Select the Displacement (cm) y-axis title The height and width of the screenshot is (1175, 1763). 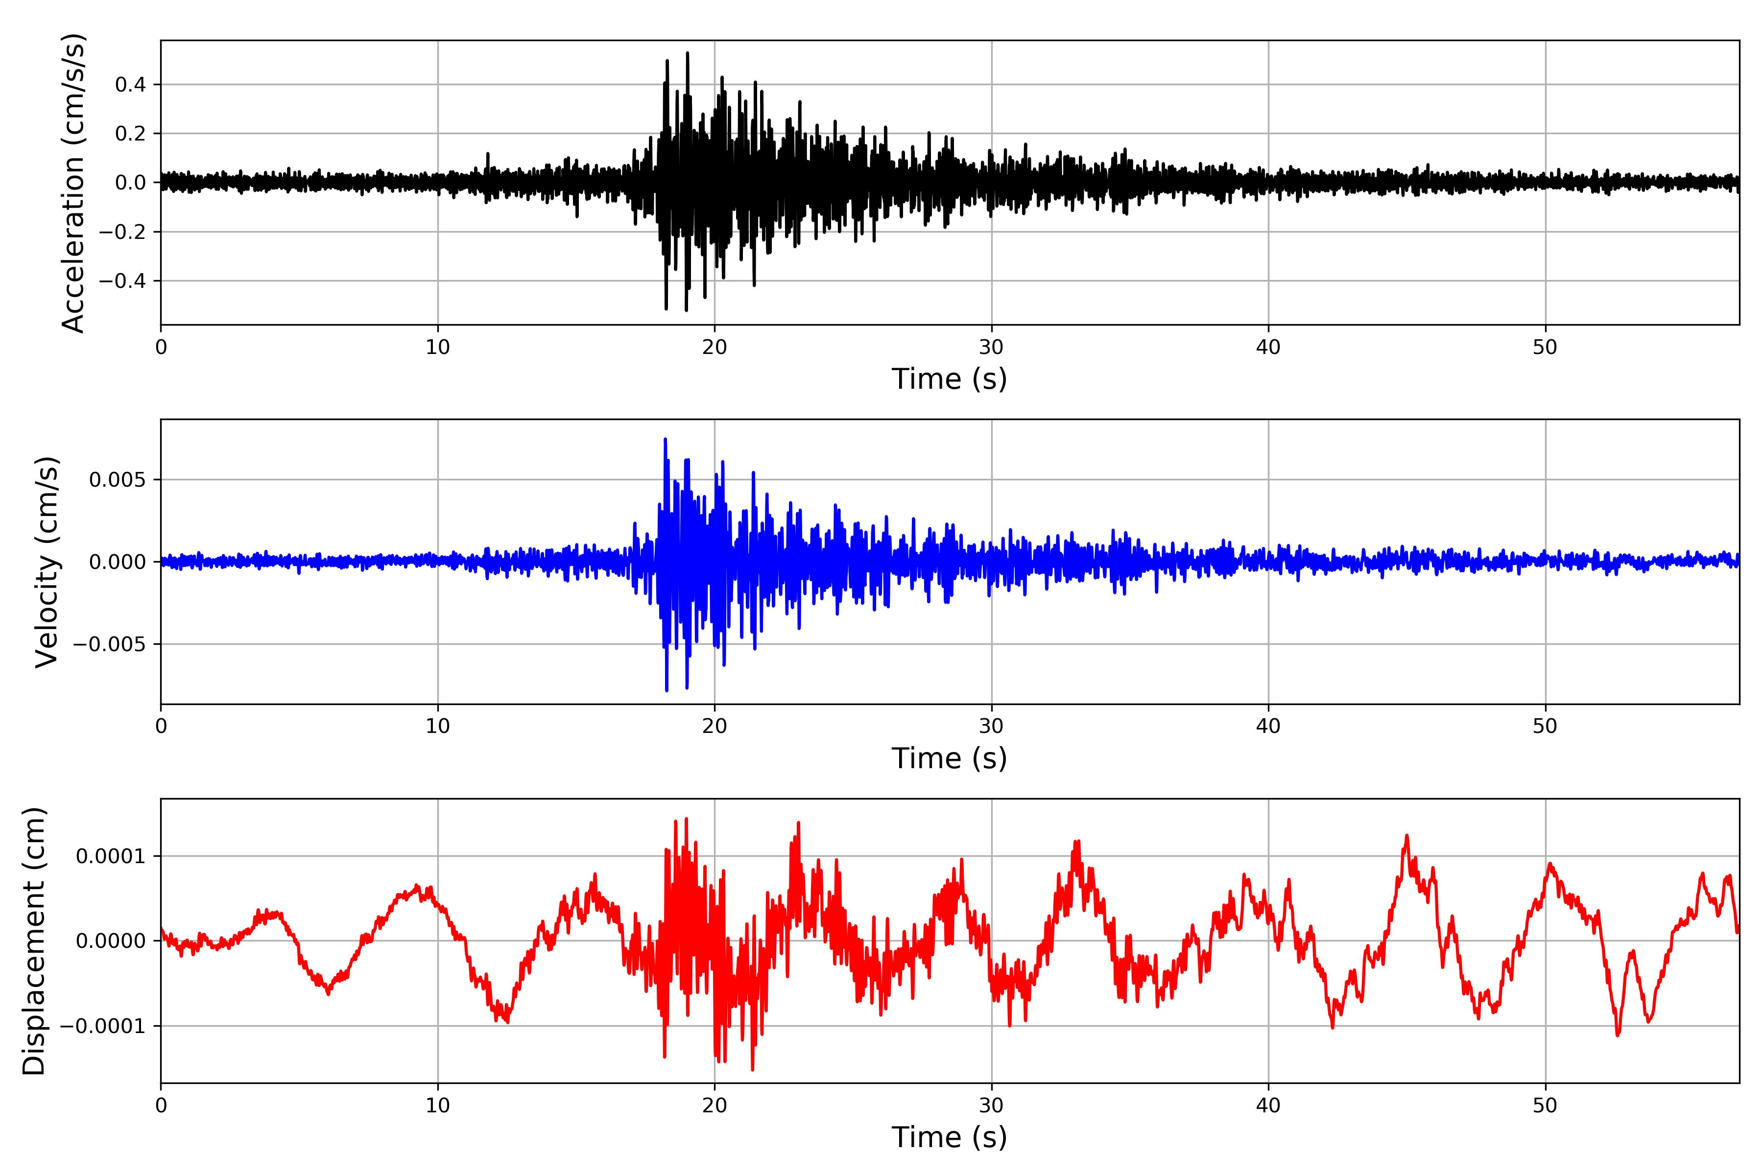coord(34,940)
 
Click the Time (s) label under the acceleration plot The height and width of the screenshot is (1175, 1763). coord(949,379)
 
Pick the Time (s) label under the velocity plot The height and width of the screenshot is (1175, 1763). coord(949,758)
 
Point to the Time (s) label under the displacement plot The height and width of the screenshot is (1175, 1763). coord(949,1137)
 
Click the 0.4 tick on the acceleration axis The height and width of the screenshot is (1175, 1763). coord(130,85)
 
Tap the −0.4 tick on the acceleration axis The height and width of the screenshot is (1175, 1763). coord(122,281)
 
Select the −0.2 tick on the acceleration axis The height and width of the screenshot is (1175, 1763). coord(122,232)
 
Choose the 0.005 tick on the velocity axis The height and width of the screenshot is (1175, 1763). coord(118,480)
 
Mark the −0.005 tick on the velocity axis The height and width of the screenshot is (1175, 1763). coord(109,644)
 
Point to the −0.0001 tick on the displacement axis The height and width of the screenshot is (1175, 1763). coord(103,1026)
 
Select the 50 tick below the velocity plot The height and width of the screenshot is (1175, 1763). coord(1545,726)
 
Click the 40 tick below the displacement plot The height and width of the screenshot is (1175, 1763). coord(1268,1105)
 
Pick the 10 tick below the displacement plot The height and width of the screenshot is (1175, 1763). coord(438,1105)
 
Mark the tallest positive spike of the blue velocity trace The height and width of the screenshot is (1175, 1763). coord(665,439)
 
